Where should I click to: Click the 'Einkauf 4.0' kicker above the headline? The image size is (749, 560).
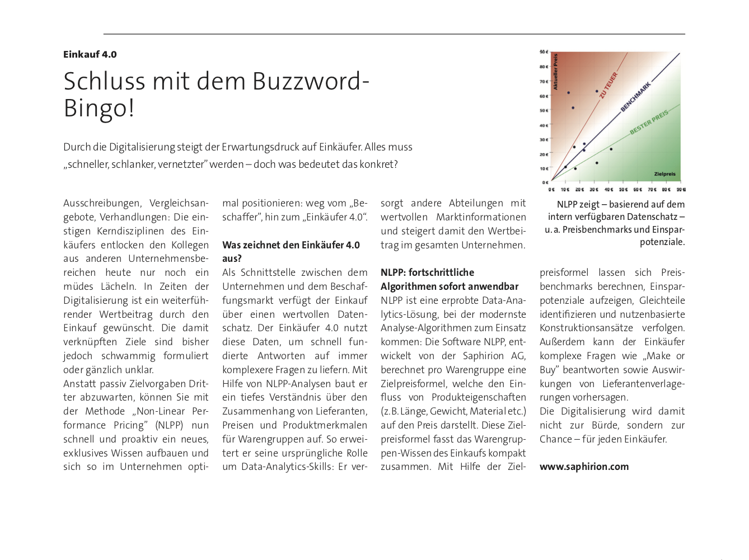(x=90, y=54)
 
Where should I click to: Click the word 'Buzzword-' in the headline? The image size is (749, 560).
(x=311, y=81)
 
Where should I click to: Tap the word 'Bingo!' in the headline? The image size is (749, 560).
(x=99, y=108)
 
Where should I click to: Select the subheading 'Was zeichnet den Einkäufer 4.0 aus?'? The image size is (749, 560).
(x=291, y=251)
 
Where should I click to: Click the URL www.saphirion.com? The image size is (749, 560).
(x=584, y=467)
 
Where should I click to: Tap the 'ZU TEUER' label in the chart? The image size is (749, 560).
(x=608, y=84)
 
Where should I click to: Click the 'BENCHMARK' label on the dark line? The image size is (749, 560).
(x=635, y=97)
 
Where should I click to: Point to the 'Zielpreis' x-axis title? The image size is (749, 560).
(x=665, y=174)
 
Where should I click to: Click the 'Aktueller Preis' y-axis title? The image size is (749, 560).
(x=556, y=72)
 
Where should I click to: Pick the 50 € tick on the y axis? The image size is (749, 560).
(x=544, y=110)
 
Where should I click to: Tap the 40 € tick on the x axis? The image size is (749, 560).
(x=608, y=189)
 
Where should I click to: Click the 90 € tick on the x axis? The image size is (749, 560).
(x=681, y=189)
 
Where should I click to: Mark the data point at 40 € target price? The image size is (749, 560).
(x=611, y=149)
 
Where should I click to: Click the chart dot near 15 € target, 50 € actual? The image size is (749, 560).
(x=573, y=108)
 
